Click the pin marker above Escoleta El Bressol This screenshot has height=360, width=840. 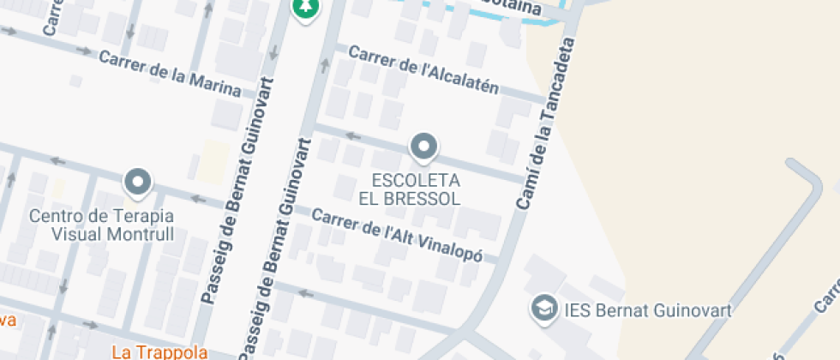(x=423, y=147)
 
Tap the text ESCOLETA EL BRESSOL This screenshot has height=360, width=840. (x=416, y=189)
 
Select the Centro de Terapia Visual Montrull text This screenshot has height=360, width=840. (x=101, y=225)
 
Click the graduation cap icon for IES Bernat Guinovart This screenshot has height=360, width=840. (x=543, y=309)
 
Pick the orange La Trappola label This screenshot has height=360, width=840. (x=160, y=351)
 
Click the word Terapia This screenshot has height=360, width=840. (x=140, y=215)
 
